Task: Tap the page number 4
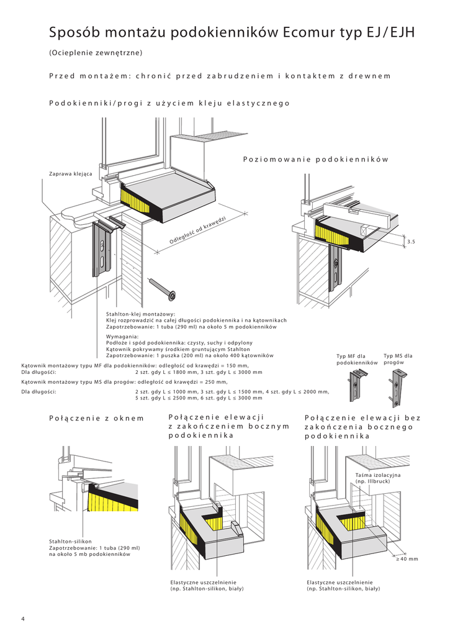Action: coord(23,619)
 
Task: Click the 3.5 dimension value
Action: coord(410,240)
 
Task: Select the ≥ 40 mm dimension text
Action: coord(407,559)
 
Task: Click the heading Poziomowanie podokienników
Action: coord(315,160)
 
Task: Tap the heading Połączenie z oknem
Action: coord(96,418)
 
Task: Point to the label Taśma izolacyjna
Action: coord(378,475)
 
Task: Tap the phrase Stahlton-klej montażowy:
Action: coord(141,314)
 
